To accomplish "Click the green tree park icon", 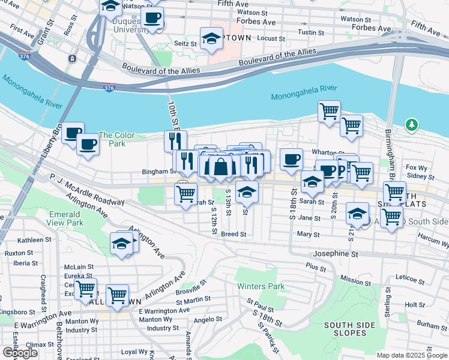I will coord(411,125).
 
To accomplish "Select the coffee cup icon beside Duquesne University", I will coord(152,17).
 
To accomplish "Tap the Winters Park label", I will coord(261,286).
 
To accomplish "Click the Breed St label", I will coord(234,234).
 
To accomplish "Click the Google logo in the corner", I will coord(20,353).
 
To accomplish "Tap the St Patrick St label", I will coord(268,339).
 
